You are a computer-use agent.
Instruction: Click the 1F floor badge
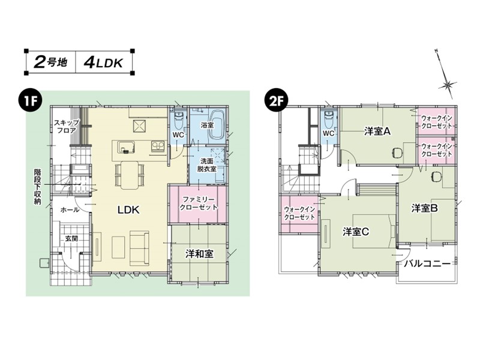pos(31,101)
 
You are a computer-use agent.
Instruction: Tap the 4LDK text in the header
pos(103,63)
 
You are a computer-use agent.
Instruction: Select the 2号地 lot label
pos(50,62)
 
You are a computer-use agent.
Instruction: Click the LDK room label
pos(128,209)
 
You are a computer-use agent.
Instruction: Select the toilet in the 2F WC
pos(329,119)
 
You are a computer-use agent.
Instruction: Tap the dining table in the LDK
pos(130,175)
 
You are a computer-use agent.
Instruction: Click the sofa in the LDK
pos(139,248)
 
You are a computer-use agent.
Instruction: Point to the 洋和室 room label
pos(199,254)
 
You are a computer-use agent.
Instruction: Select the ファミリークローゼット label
pos(199,203)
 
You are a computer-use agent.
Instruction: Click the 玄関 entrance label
pos(71,238)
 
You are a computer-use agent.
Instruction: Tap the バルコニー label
pos(427,263)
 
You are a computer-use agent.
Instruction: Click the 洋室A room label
pos(377,131)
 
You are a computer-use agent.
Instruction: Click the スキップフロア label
pos(67,127)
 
